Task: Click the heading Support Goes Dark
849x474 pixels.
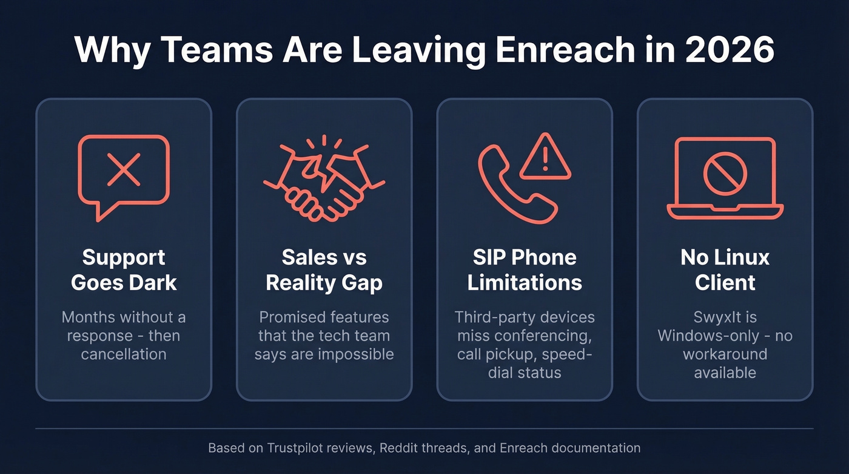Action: click(124, 269)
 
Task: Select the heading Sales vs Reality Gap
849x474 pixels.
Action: click(324, 269)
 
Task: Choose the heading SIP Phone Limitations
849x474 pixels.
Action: click(525, 269)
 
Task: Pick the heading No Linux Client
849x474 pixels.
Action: click(725, 269)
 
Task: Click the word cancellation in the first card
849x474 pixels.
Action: click(124, 354)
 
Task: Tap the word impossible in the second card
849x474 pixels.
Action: click(358, 354)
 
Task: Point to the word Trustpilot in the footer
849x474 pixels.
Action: click(290, 449)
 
